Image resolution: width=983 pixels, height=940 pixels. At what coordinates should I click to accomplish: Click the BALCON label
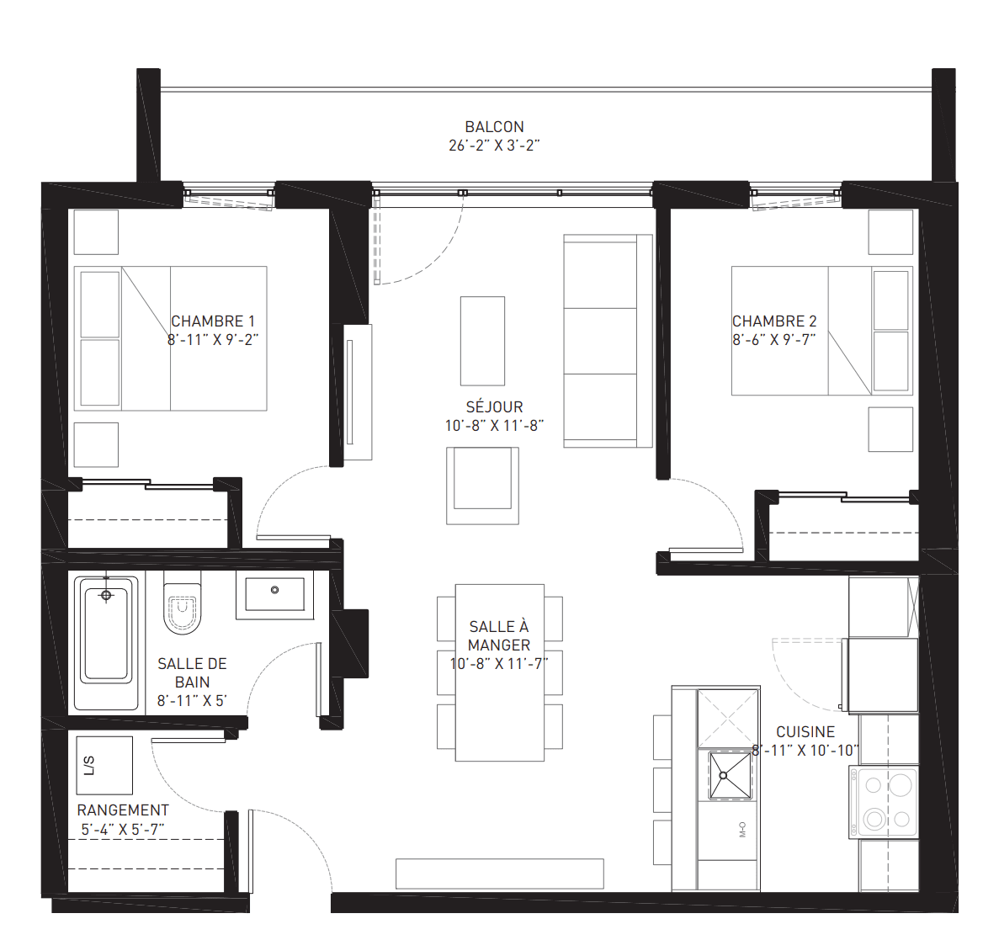click(x=494, y=126)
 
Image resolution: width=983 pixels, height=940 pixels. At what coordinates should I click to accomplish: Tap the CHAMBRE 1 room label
click(x=213, y=321)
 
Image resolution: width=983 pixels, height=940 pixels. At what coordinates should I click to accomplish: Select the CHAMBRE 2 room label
click(x=774, y=321)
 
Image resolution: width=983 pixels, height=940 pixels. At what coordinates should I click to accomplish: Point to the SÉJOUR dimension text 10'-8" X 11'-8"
click(x=494, y=426)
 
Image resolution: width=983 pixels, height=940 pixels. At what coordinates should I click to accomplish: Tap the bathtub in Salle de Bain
click(x=106, y=643)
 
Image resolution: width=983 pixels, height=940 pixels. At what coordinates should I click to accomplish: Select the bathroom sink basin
click(x=274, y=593)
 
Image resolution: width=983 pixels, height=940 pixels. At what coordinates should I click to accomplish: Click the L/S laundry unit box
click(x=104, y=765)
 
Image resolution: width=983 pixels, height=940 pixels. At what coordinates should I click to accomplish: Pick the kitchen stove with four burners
click(x=884, y=802)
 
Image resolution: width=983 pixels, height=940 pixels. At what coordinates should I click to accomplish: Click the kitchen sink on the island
click(x=730, y=775)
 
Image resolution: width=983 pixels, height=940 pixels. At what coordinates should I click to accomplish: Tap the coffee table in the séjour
click(x=482, y=341)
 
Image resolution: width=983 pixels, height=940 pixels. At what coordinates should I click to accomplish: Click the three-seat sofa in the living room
click(x=608, y=341)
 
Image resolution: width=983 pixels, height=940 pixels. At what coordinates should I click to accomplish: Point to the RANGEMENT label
click(x=123, y=810)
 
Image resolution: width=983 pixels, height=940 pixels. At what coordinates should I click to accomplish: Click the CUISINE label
click(x=805, y=732)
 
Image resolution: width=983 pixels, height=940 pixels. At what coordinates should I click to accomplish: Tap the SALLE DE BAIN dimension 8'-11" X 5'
click(x=192, y=701)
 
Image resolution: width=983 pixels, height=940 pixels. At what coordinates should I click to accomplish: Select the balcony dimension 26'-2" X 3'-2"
click(x=494, y=146)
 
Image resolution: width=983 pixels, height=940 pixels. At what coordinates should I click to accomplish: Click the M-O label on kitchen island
click(x=742, y=829)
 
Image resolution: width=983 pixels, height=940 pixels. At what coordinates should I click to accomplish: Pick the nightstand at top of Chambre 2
click(x=890, y=232)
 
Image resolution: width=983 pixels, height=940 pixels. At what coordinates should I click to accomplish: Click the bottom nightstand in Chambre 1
click(x=96, y=444)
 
